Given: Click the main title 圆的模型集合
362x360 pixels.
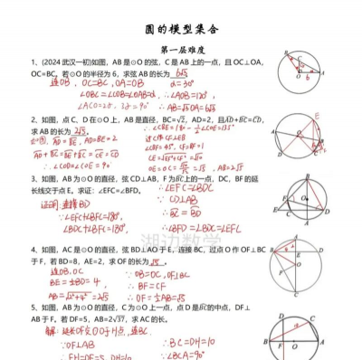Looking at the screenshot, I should coord(181,29).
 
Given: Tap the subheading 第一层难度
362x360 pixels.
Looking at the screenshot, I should coord(181,50).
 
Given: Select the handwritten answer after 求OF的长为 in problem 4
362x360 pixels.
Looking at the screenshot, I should coord(159,262).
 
